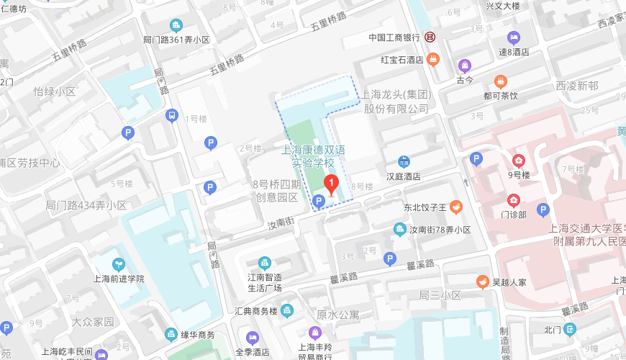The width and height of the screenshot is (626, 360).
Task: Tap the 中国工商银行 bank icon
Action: [x=429, y=37]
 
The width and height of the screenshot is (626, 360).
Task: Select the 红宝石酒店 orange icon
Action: [x=432, y=59]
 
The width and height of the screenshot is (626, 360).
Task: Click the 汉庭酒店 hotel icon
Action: [x=404, y=161]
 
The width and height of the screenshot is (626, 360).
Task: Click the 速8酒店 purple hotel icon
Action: [x=513, y=37]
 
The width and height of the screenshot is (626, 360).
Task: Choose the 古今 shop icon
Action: [x=465, y=66]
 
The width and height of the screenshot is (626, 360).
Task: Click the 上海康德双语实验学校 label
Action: [x=314, y=156]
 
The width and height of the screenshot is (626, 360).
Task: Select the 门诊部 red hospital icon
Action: [x=514, y=200]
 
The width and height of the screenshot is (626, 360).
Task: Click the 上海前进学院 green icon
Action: [x=119, y=264]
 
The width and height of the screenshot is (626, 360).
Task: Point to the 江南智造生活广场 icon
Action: [x=264, y=262]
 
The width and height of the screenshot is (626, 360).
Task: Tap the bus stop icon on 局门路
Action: [x=172, y=115]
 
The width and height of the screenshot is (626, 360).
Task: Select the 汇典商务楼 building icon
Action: [x=287, y=311]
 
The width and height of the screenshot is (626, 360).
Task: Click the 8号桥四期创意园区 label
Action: [x=275, y=191]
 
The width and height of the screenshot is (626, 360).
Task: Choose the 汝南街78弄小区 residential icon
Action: [x=399, y=230]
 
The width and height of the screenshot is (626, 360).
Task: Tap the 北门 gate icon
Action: [x=570, y=330]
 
